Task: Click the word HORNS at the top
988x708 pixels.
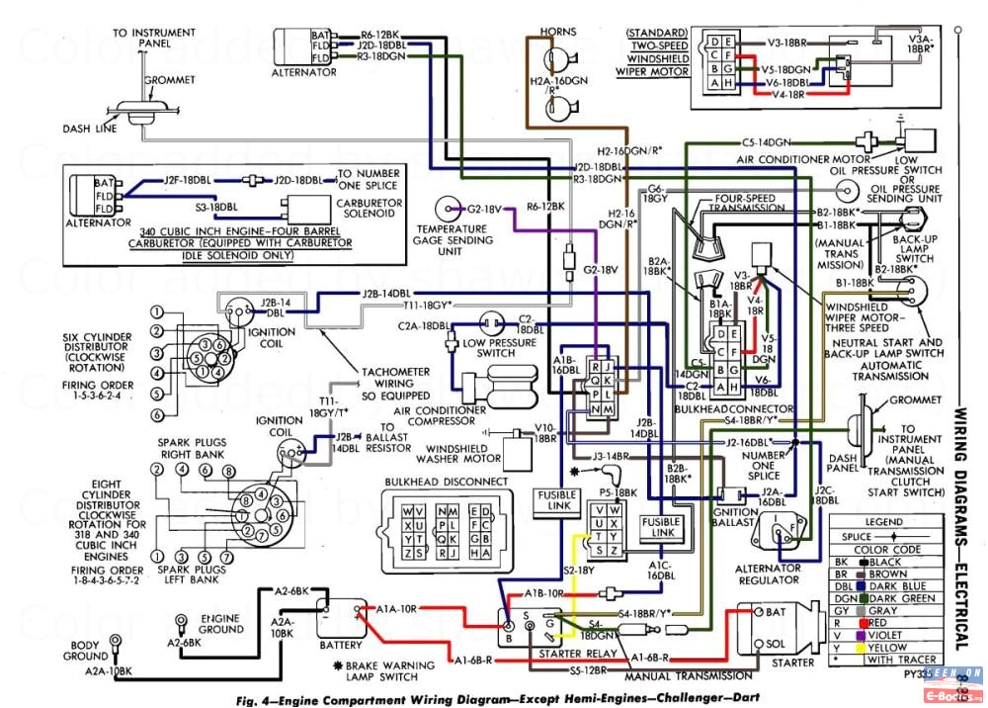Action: (x=558, y=33)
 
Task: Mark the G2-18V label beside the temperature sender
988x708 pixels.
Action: (x=485, y=210)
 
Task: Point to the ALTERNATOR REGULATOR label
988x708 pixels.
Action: (x=769, y=574)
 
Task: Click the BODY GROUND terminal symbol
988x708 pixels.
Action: (x=117, y=639)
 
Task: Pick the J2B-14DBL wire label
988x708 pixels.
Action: (x=386, y=294)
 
